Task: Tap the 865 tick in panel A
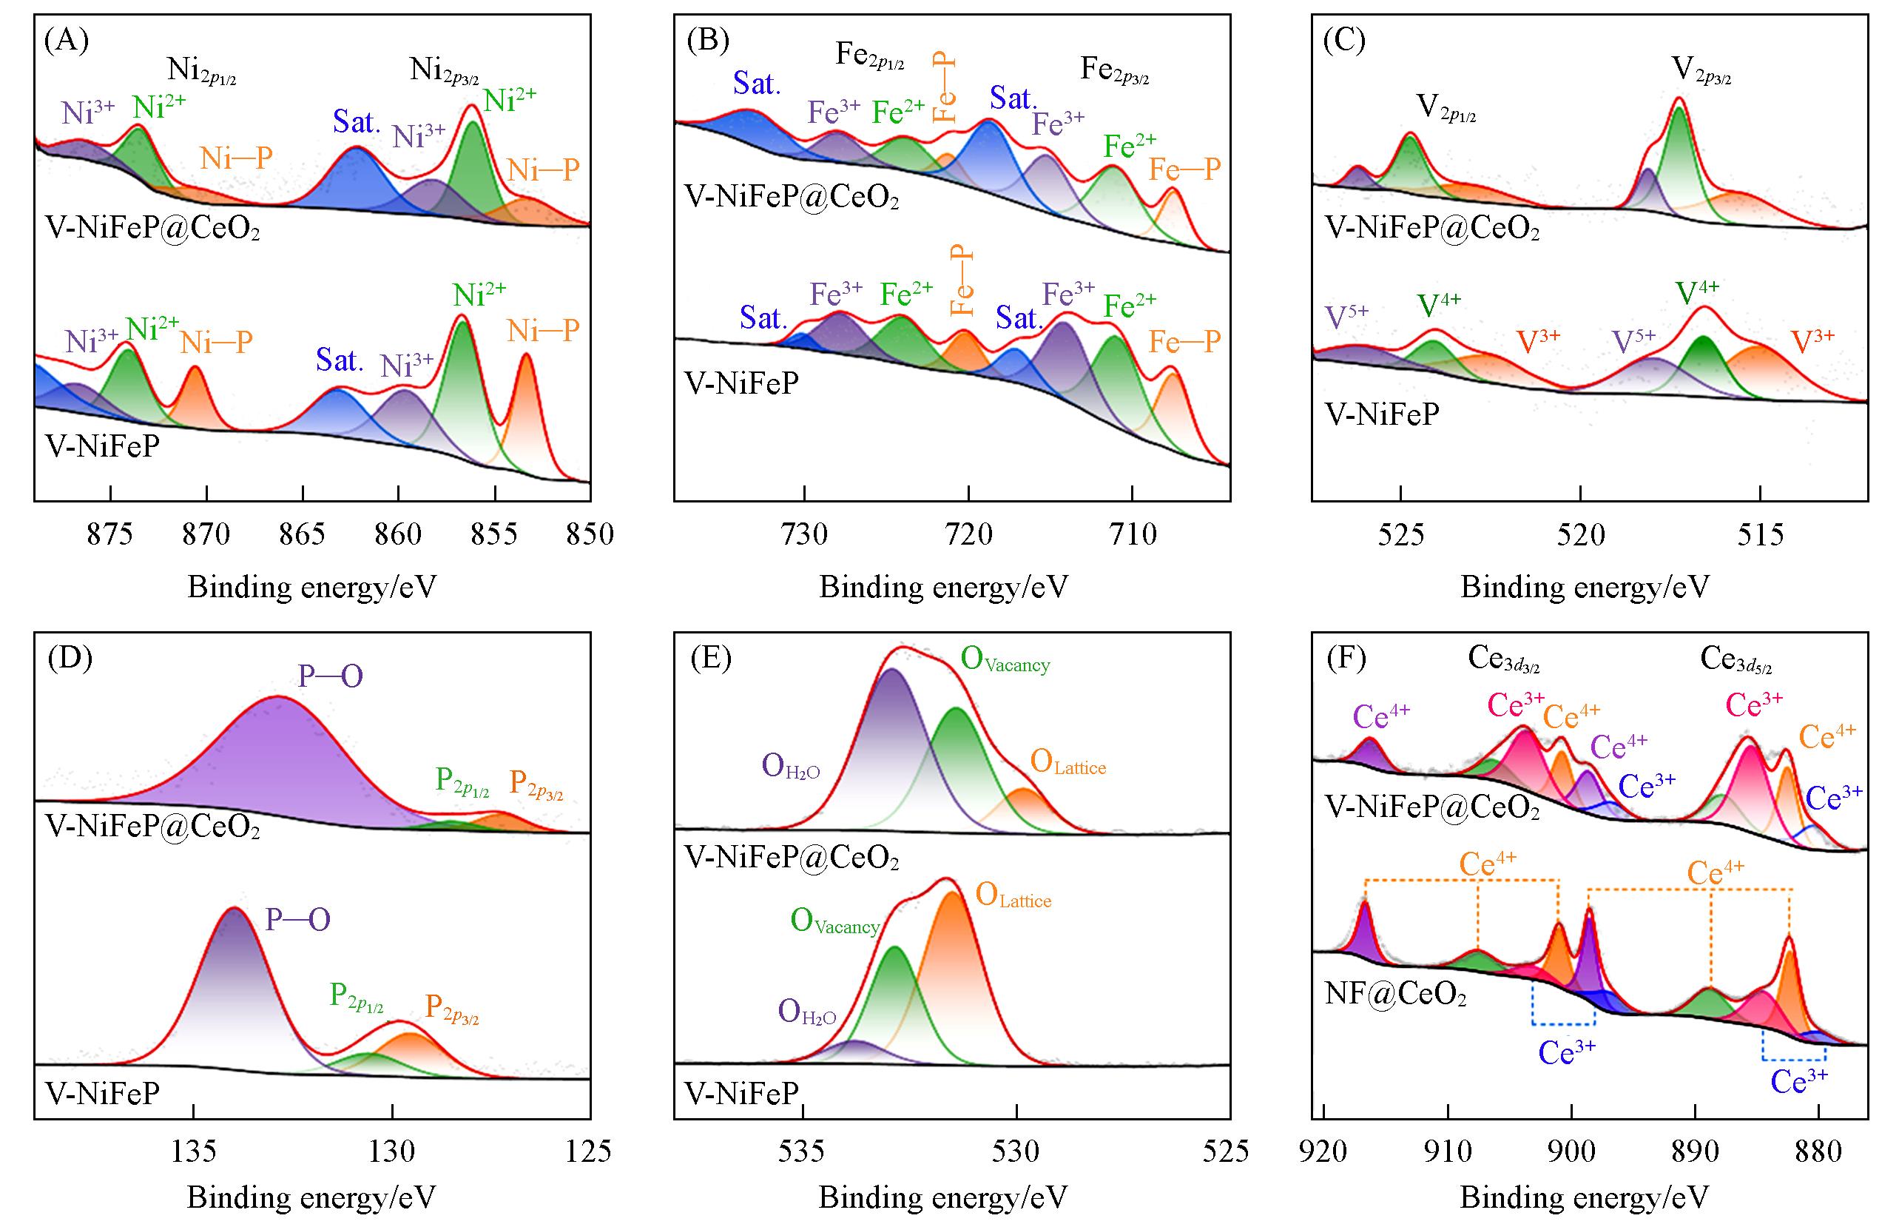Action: point(303,534)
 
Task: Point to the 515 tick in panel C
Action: point(1760,534)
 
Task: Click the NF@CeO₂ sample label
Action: point(1395,995)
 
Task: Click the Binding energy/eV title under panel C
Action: point(1585,588)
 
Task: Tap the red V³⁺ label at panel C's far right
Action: point(1812,340)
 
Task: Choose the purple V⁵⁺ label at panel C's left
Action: point(1347,316)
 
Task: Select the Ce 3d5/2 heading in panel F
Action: point(1736,659)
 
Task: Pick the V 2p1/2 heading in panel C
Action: point(1446,107)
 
